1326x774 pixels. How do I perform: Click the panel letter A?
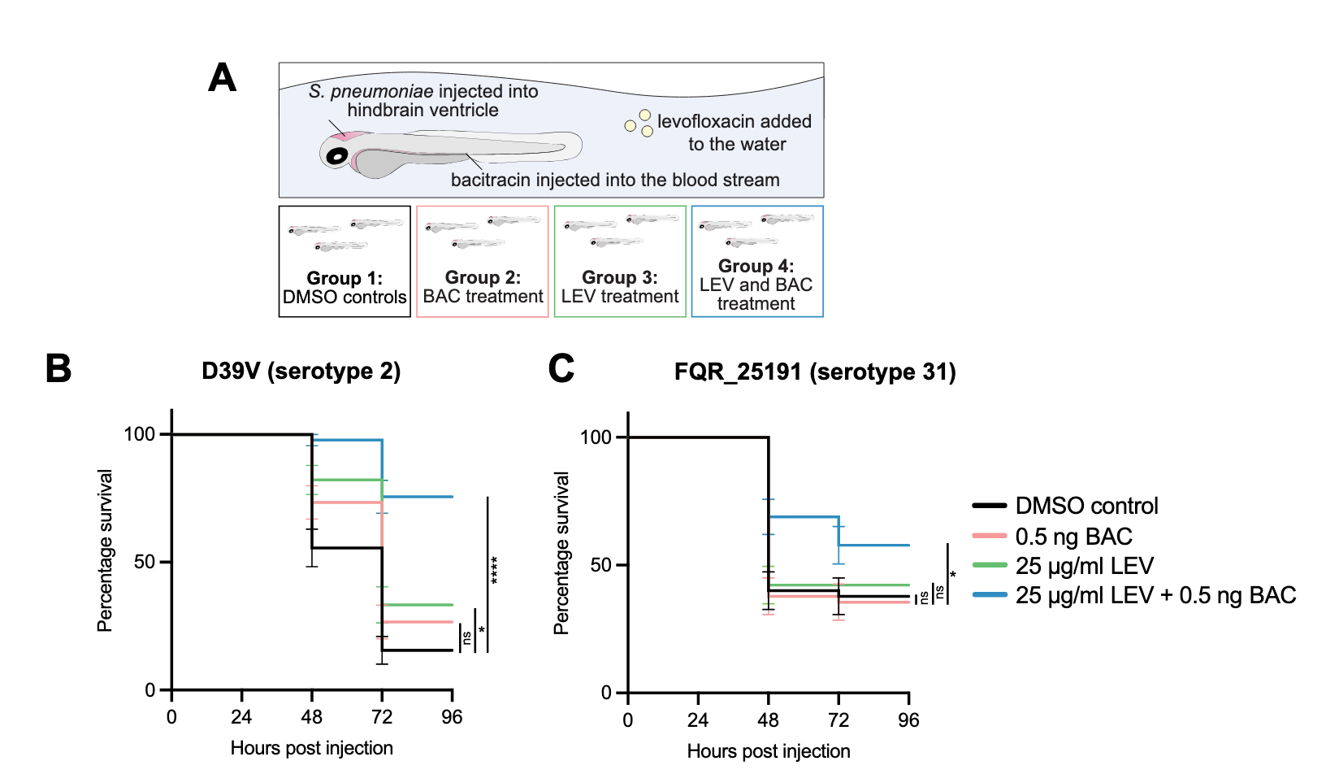(222, 78)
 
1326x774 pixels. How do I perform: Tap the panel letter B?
(58, 368)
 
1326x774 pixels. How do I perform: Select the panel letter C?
(561, 368)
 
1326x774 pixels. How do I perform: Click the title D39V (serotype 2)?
(301, 372)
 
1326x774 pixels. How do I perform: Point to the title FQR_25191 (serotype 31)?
(815, 372)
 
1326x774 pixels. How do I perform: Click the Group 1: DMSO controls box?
(344, 262)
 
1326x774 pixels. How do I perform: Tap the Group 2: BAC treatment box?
(483, 262)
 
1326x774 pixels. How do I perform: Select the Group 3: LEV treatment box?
(620, 262)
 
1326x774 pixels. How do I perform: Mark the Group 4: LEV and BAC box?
(756, 262)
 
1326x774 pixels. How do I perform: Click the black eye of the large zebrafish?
(336, 154)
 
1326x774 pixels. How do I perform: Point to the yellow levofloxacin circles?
(640, 124)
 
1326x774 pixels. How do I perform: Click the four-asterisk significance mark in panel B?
(494, 570)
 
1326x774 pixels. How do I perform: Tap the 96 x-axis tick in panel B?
(452, 717)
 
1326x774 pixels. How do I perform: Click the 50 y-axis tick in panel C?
(600, 565)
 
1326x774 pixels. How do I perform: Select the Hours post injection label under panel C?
(769, 751)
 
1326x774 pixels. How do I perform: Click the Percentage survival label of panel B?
(105, 550)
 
